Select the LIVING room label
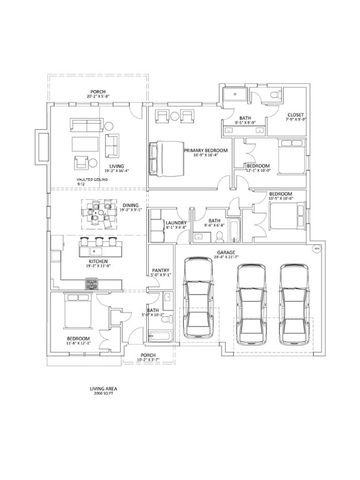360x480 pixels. pos(88,168)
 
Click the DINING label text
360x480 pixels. pos(131,205)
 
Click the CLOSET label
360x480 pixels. pos(295,115)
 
